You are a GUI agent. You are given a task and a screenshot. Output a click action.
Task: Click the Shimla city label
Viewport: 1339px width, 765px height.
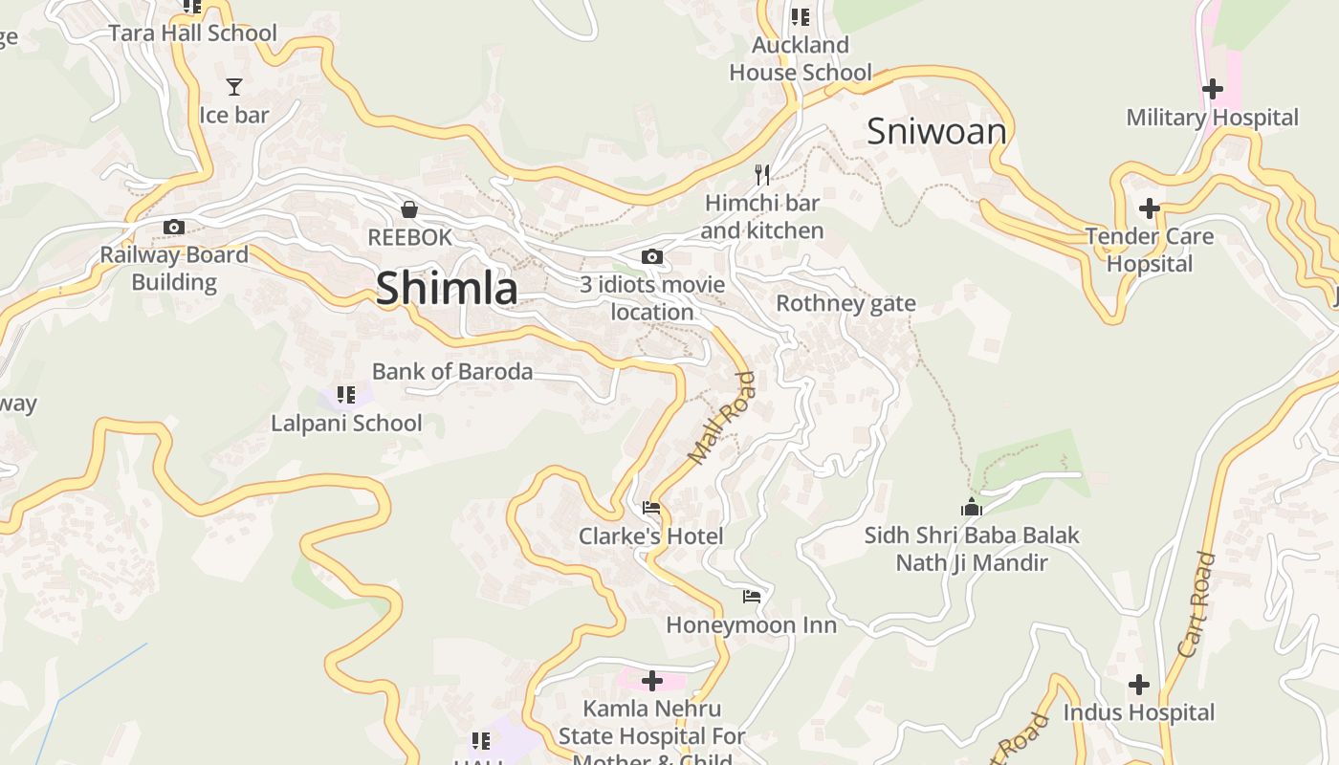447,288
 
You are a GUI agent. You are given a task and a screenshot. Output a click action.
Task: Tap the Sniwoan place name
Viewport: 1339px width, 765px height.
936,132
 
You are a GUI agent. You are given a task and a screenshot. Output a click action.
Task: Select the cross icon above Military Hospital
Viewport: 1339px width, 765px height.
1212,89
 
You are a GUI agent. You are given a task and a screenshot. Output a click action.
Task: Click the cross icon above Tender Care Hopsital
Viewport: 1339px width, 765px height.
1149,208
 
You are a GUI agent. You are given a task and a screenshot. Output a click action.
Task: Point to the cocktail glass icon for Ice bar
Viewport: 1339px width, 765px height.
234,87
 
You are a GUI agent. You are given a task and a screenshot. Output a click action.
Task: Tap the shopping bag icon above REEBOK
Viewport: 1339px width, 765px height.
409,209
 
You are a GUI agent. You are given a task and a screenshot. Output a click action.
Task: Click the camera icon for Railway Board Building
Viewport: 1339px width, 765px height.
173,227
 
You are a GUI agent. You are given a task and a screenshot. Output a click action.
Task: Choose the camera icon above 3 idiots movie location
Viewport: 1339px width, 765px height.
652,256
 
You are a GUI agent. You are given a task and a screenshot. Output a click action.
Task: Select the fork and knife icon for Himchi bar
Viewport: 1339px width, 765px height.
762,174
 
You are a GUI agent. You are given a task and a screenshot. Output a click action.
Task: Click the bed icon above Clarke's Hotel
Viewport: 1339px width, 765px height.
651,508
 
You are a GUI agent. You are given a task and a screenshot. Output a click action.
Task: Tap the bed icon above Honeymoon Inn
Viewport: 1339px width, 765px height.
752,597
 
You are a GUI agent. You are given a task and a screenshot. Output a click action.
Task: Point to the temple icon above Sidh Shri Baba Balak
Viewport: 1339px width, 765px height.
972,507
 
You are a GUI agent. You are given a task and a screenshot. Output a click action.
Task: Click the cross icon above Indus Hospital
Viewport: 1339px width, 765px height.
1138,684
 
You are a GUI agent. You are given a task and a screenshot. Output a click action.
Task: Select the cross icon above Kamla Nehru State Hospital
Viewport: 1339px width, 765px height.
652,681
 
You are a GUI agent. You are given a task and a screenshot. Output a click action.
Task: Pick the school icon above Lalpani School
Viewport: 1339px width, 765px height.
346,394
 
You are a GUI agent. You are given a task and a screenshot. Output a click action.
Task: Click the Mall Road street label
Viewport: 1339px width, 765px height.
722,419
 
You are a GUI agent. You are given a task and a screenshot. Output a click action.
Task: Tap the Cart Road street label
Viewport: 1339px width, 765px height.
1196,604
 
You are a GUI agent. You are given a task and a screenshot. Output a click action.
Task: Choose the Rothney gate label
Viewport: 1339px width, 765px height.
845,303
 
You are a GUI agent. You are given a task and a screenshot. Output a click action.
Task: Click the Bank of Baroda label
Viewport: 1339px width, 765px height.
452,371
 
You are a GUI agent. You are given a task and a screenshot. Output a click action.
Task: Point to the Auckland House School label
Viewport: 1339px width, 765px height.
801,58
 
